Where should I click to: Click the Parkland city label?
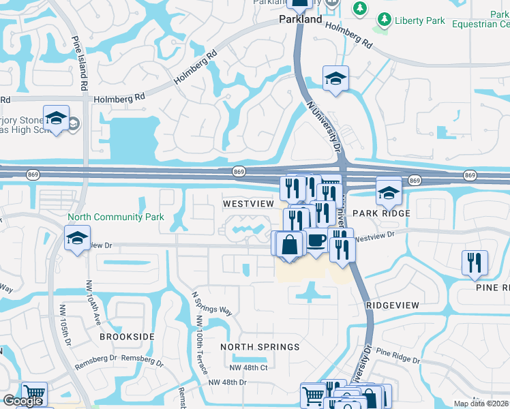301,20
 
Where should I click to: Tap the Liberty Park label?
420,21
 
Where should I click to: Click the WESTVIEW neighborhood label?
248,204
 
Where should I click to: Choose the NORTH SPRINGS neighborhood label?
260,347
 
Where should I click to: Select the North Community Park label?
116,217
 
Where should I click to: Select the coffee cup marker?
316,241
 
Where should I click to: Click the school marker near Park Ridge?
389,193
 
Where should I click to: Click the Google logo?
22,402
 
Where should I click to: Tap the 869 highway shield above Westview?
238,171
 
